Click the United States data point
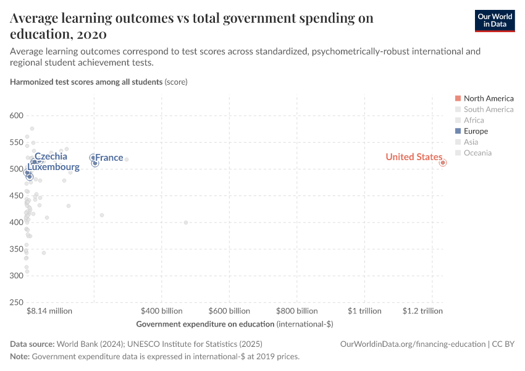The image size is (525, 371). pos(443,163)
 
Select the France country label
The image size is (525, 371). pos(109,158)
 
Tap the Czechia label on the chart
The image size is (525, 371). pos(51,157)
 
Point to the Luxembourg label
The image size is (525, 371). pos(53,168)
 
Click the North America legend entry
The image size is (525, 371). pos(488,98)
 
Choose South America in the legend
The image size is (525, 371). pos(488,109)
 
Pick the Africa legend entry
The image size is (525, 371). pos(474,120)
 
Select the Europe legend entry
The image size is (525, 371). pos(476,131)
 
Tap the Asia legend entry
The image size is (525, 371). pos(471,142)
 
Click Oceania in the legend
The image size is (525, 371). pos(477,153)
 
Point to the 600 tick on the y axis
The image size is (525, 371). pos(16,116)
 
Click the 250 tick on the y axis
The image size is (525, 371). pos(16,302)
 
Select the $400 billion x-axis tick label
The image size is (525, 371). pos(162,311)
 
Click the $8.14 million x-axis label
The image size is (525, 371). pos(49,311)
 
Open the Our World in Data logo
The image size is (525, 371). pos(494,20)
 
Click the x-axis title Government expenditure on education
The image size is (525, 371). pos(235,324)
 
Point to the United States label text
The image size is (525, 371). pos(413,157)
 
